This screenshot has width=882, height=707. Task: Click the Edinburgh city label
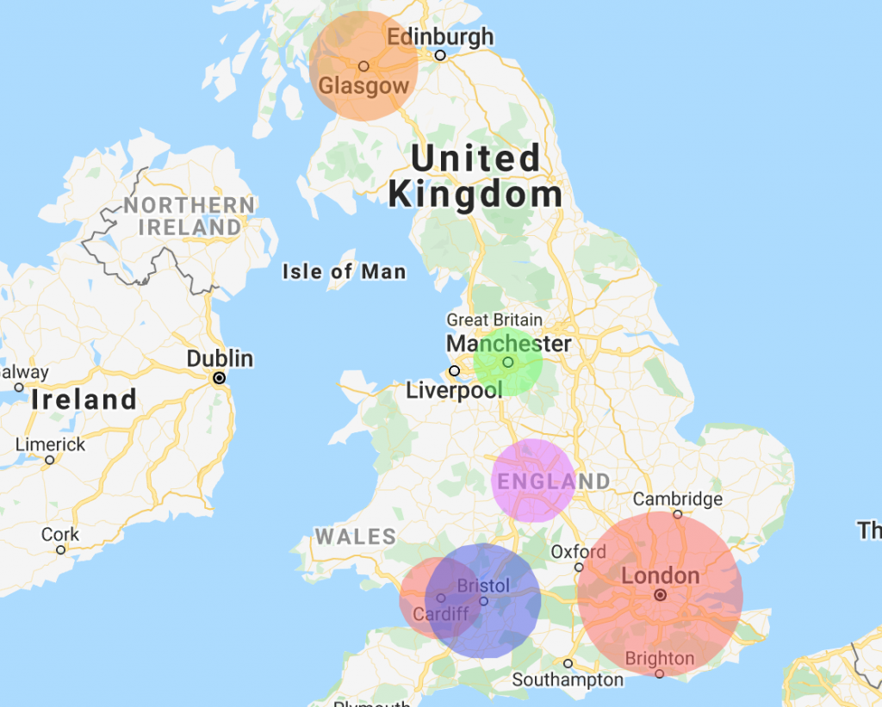(440, 37)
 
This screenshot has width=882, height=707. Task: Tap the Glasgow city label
(363, 86)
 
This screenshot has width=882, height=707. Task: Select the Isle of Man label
(344, 272)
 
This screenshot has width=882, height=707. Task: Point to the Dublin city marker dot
(220, 377)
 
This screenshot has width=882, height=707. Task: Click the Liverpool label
(454, 391)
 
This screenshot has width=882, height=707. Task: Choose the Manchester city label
(508, 344)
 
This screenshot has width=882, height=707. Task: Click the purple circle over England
(533, 481)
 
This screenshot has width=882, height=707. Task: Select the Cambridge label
(678, 499)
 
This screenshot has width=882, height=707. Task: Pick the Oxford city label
(579, 551)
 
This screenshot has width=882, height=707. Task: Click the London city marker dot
(660, 594)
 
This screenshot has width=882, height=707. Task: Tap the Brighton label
(660, 659)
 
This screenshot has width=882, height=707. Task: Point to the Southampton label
(568, 679)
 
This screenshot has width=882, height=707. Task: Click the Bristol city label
(483, 586)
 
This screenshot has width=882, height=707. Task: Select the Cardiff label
(441, 614)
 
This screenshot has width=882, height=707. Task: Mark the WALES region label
(355, 536)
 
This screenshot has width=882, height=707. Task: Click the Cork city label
(60, 535)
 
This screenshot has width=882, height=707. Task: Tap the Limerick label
(51, 444)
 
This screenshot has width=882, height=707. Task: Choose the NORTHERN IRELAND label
(189, 216)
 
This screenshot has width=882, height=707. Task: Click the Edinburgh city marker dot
(440, 55)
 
